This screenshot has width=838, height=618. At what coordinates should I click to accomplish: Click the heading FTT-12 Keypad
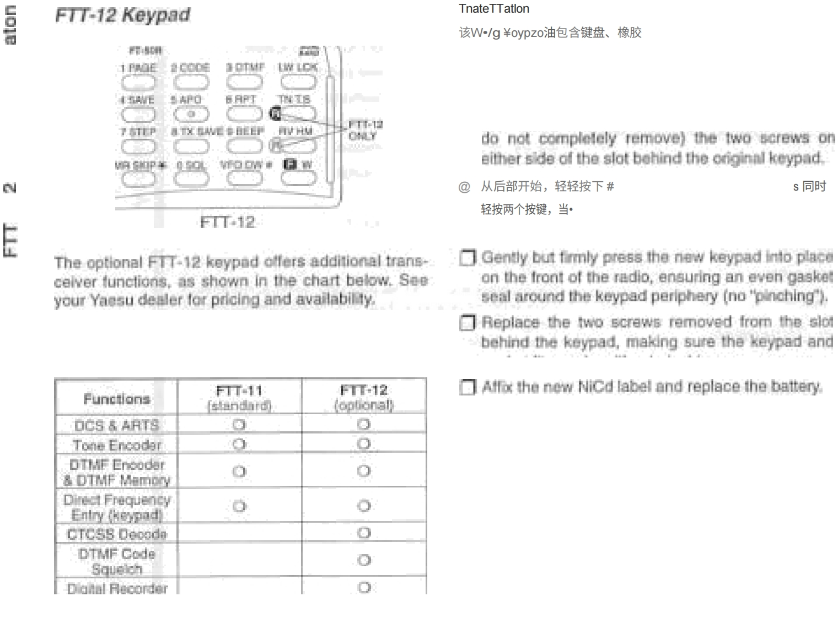[122, 15]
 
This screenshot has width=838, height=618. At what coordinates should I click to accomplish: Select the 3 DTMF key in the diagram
[244, 82]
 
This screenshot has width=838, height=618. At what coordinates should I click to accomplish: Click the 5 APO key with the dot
[191, 114]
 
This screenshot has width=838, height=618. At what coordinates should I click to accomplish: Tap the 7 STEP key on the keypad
[138, 146]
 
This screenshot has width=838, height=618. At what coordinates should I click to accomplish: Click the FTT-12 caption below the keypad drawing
[227, 223]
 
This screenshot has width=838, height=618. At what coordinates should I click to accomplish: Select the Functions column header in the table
[116, 398]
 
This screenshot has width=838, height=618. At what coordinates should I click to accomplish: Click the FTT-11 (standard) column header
[239, 398]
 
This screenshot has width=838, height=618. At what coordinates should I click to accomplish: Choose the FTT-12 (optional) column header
[364, 398]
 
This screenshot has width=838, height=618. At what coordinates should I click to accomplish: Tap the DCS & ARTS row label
[116, 425]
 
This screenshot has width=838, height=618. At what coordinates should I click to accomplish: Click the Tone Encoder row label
[117, 445]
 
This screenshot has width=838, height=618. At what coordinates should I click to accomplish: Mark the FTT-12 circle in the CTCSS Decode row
[364, 533]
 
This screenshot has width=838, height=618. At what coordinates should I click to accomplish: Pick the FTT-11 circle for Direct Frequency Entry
[239, 506]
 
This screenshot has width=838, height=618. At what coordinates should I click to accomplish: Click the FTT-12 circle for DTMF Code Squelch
[364, 560]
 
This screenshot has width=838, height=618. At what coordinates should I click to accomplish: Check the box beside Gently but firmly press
[467, 258]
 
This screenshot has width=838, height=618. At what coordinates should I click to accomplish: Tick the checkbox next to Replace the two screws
[467, 322]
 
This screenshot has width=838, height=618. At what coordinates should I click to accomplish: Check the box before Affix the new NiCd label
[467, 387]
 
